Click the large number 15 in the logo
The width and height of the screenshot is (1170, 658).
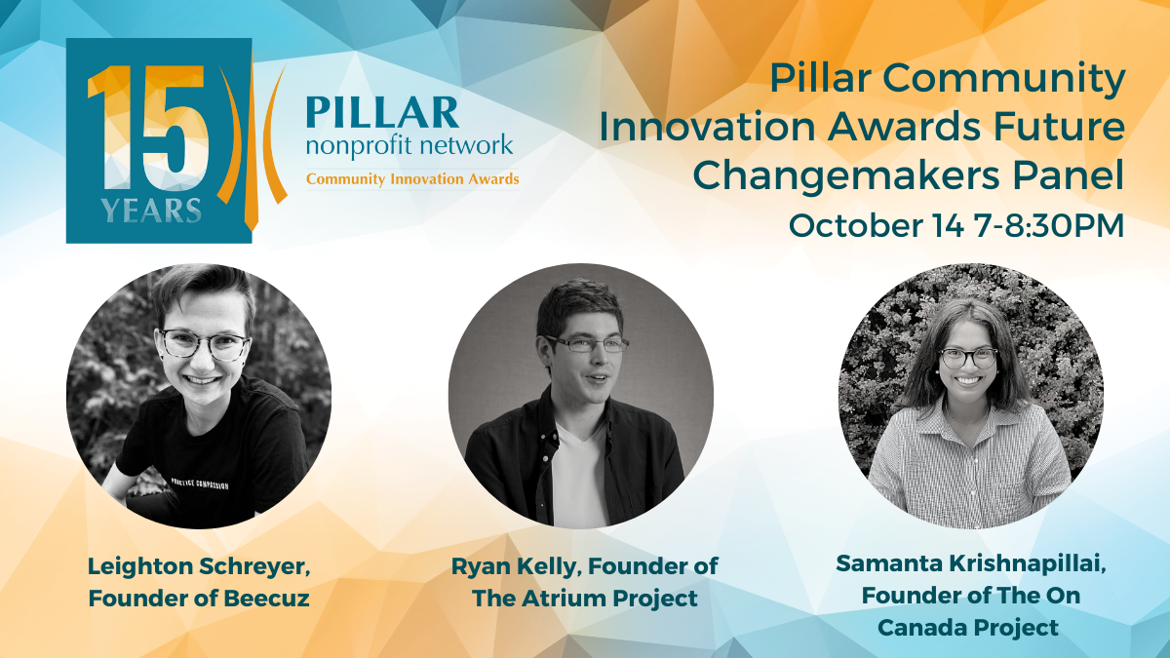tap(148, 128)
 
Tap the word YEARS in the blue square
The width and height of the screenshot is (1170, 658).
tap(151, 211)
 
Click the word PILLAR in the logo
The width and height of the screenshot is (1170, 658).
tap(382, 112)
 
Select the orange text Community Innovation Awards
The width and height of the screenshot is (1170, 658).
tap(412, 179)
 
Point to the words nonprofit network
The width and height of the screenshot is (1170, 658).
tap(409, 146)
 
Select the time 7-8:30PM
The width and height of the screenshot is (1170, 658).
tap(1049, 225)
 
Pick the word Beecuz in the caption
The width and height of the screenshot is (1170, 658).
tap(266, 599)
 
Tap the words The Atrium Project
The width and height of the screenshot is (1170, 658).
tap(584, 599)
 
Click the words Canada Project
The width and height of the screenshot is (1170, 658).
tap(968, 628)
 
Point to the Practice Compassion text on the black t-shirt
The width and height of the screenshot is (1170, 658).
tap(200, 484)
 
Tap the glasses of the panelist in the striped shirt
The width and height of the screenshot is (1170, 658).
tap(968, 359)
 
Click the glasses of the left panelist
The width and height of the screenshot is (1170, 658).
tap(204, 343)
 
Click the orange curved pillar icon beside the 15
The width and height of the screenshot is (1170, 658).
tap(252, 146)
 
